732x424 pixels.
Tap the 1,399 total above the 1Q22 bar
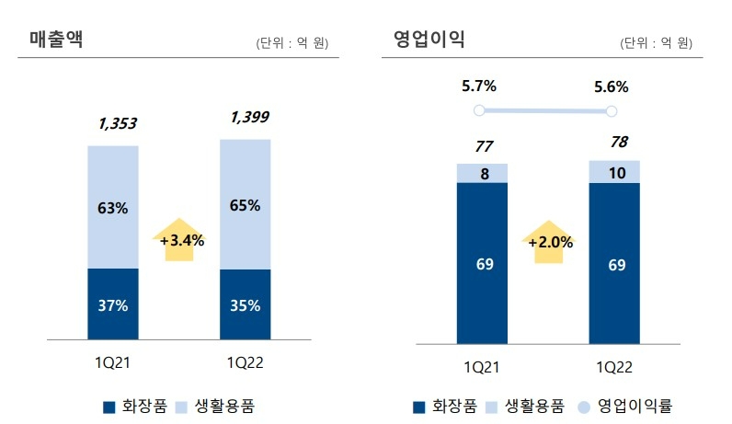point(249,117)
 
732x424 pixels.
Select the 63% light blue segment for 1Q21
point(113,208)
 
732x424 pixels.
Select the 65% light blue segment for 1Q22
point(246,204)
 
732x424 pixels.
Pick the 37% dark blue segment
point(113,304)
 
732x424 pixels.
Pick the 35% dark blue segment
point(246,304)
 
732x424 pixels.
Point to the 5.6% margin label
point(611,87)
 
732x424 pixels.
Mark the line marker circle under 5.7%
point(478,110)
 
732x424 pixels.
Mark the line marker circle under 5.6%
point(611,111)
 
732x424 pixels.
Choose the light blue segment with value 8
point(482,173)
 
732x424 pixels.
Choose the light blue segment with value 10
point(614,172)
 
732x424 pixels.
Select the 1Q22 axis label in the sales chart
point(245,363)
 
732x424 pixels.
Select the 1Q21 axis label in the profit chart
point(482,367)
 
